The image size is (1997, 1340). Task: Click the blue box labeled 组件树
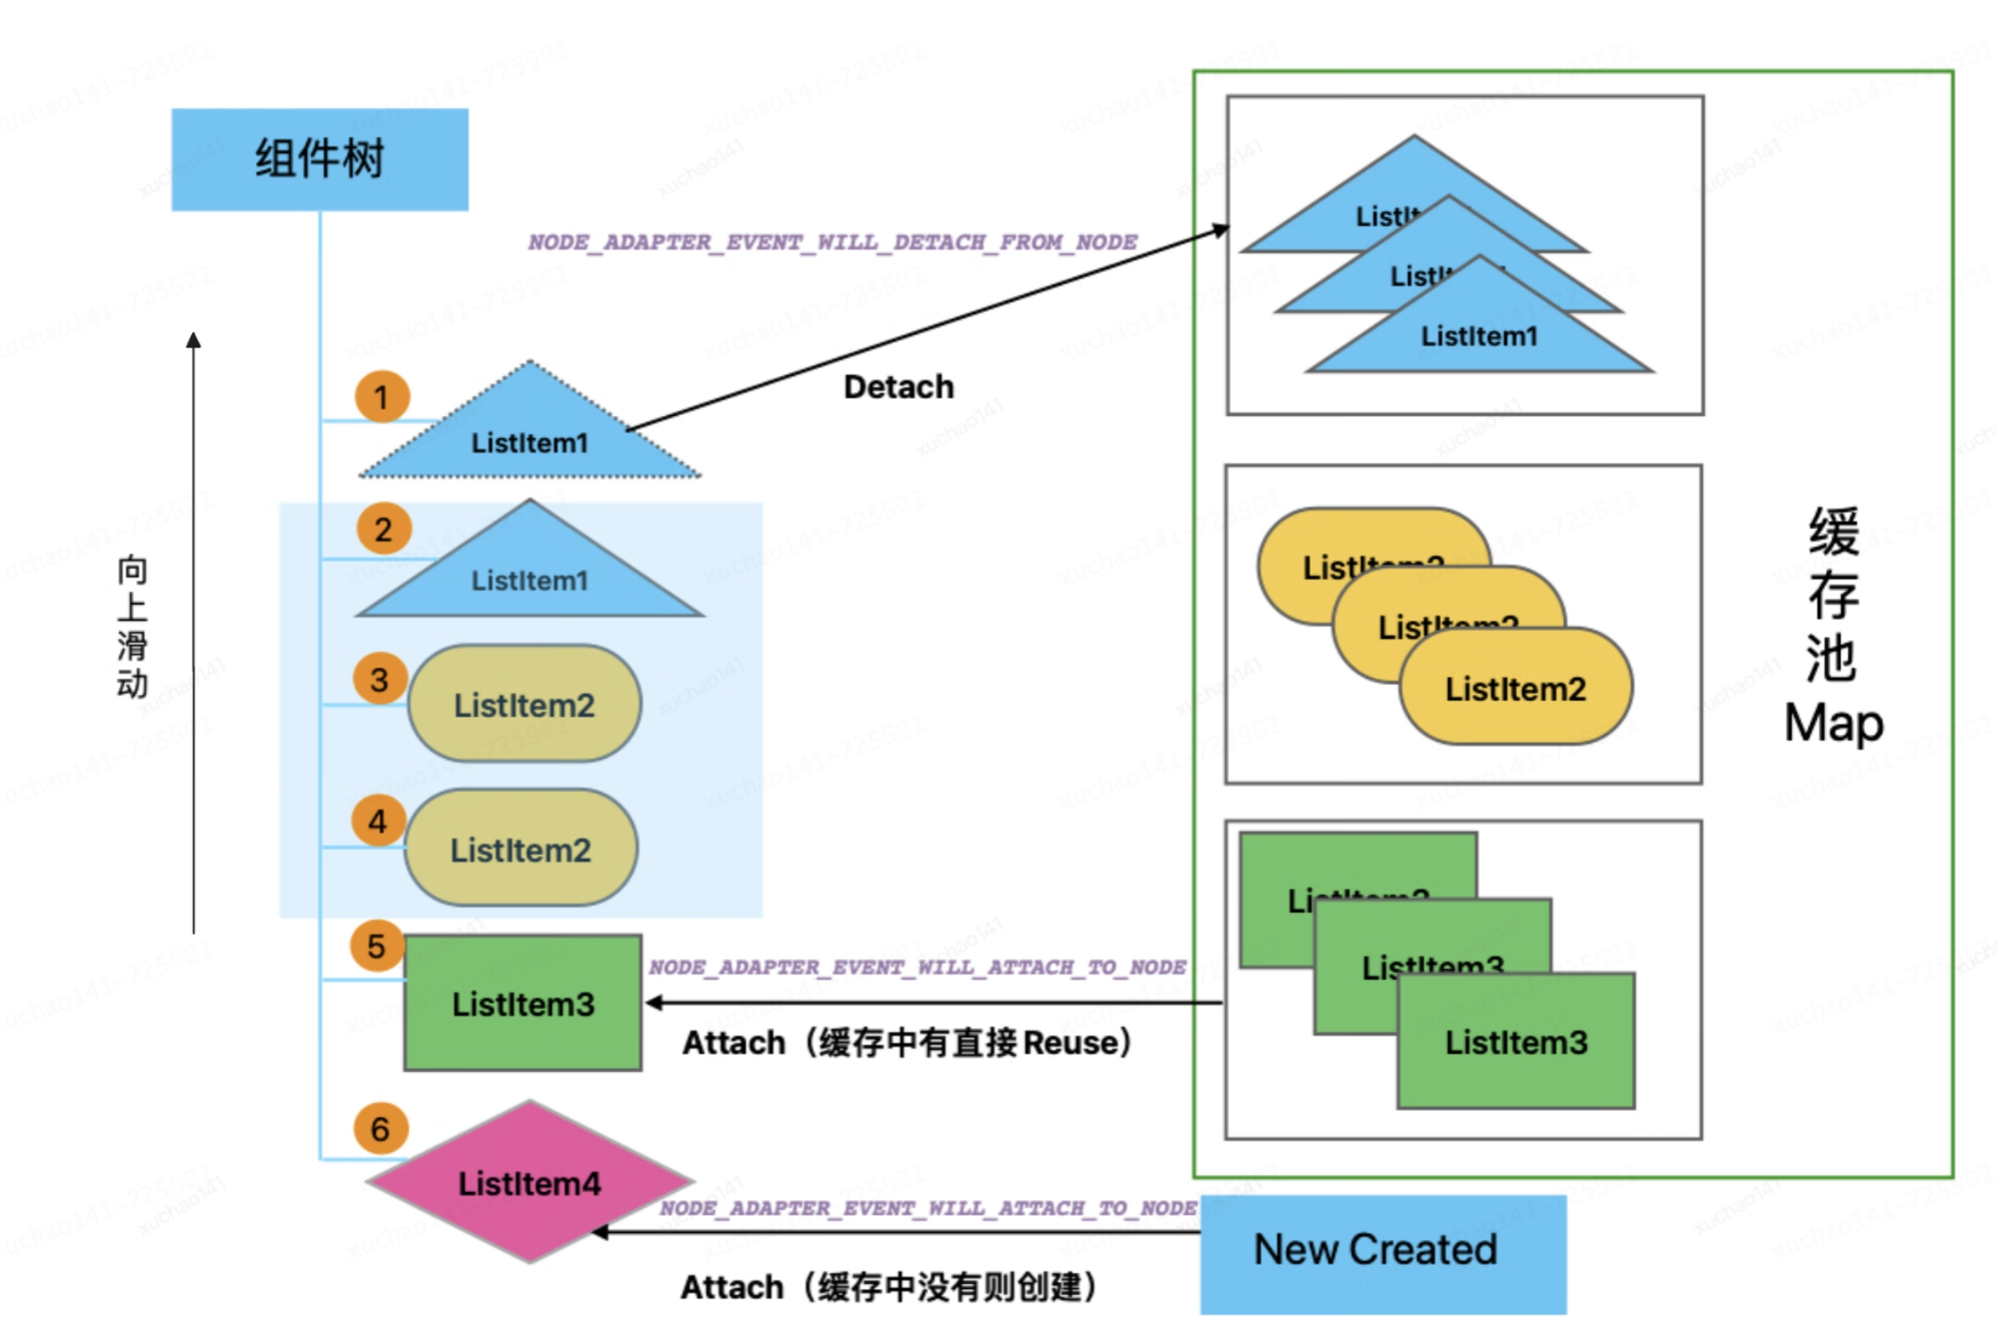click(319, 159)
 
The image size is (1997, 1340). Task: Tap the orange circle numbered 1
click(381, 397)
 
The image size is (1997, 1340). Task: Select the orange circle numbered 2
click(383, 528)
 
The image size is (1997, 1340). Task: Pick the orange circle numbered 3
click(380, 679)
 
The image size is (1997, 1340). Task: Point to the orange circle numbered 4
click(378, 820)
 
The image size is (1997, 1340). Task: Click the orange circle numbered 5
click(376, 945)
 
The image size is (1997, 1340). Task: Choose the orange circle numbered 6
click(380, 1127)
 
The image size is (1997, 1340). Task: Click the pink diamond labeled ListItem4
click(529, 1182)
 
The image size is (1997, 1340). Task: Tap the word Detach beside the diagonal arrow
click(898, 386)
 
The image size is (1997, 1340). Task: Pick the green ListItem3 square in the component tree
click(522, 1003)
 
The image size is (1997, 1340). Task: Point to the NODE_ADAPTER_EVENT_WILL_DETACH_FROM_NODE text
click(832, 242)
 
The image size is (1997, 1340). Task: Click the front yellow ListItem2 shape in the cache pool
click(1515, 688)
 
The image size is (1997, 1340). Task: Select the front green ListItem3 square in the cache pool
click(1515, 1041)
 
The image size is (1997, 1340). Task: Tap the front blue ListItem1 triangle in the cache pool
click(1479, 335)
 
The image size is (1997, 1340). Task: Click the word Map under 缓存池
click(1833, 723)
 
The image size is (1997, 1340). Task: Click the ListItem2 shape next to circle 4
click(520, 849)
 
